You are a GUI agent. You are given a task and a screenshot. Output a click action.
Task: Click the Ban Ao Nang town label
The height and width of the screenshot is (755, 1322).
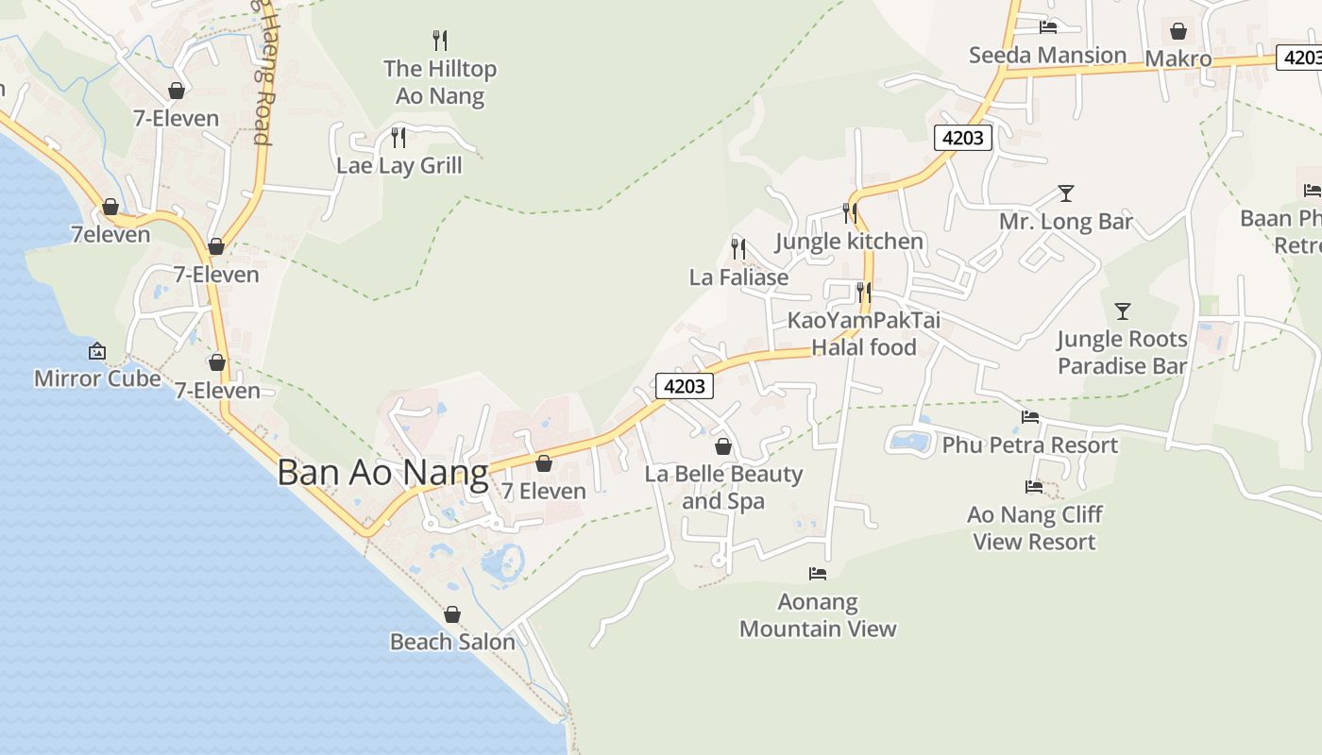pyautogui.click(x=382, y=473)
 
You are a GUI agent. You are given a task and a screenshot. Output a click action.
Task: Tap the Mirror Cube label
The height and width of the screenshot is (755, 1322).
pyautogui.click(x=97, y=378)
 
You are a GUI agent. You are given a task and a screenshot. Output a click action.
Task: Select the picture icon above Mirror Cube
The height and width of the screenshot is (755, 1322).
pyautogui.click(x=97, y=351)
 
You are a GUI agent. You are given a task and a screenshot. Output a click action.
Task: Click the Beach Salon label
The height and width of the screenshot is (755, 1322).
pyautogui.click(x=452, y=642)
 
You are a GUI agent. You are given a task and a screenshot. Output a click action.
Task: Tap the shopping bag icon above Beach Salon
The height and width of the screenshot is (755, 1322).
pyautogui.click(x=452, y=614)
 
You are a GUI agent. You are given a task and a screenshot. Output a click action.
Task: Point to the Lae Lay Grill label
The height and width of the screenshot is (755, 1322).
pyautogui.click(x=399, y=165)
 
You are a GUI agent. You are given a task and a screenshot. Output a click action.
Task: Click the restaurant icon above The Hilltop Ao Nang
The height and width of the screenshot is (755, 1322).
pyautogui.click(x=440, y=40)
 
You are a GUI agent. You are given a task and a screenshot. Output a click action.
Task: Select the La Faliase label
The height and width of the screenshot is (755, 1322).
pyautogui.click(x=738, y=277)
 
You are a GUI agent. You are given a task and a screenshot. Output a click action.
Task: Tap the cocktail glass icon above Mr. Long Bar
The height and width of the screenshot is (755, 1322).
pyautogui.click(x=1066, y=193)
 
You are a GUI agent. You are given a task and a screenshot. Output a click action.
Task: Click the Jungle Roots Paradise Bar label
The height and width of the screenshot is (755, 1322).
pyautogui.click(x=1122, y=352)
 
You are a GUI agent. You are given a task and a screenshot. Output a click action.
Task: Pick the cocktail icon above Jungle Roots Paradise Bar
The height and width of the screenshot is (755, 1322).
pyautogui.click(x=1123, y=310)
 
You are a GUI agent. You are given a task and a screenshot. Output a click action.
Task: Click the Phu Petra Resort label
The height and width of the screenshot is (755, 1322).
pyautogui.click(x=1029, y=445)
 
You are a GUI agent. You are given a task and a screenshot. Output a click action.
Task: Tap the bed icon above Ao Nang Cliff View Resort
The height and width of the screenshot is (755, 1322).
pyautogui.click(x=1034, y=487)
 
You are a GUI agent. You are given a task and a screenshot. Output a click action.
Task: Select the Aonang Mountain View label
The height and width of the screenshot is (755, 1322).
pyautogui.click(x=818, y=615)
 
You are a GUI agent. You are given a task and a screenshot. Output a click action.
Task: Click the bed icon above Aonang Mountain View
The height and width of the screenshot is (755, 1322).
pyautogui.click(x=818, y=573)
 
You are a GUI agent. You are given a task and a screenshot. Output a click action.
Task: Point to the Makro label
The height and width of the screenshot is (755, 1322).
pyautogui.click(x=1178, y=59)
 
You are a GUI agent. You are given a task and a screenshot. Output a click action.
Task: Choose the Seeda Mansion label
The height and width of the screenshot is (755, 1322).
pyautogui.click(x=1047, y=55)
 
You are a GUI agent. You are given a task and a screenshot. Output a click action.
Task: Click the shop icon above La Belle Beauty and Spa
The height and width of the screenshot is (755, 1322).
pyautogui.click(x=723, y=445)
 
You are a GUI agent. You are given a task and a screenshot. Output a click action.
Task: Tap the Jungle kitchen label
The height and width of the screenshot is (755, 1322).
pyautogui.click(x=849, y=241)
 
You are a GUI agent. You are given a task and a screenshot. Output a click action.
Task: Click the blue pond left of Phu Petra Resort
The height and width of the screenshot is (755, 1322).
pyautogui.click(x=908, y=440)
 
